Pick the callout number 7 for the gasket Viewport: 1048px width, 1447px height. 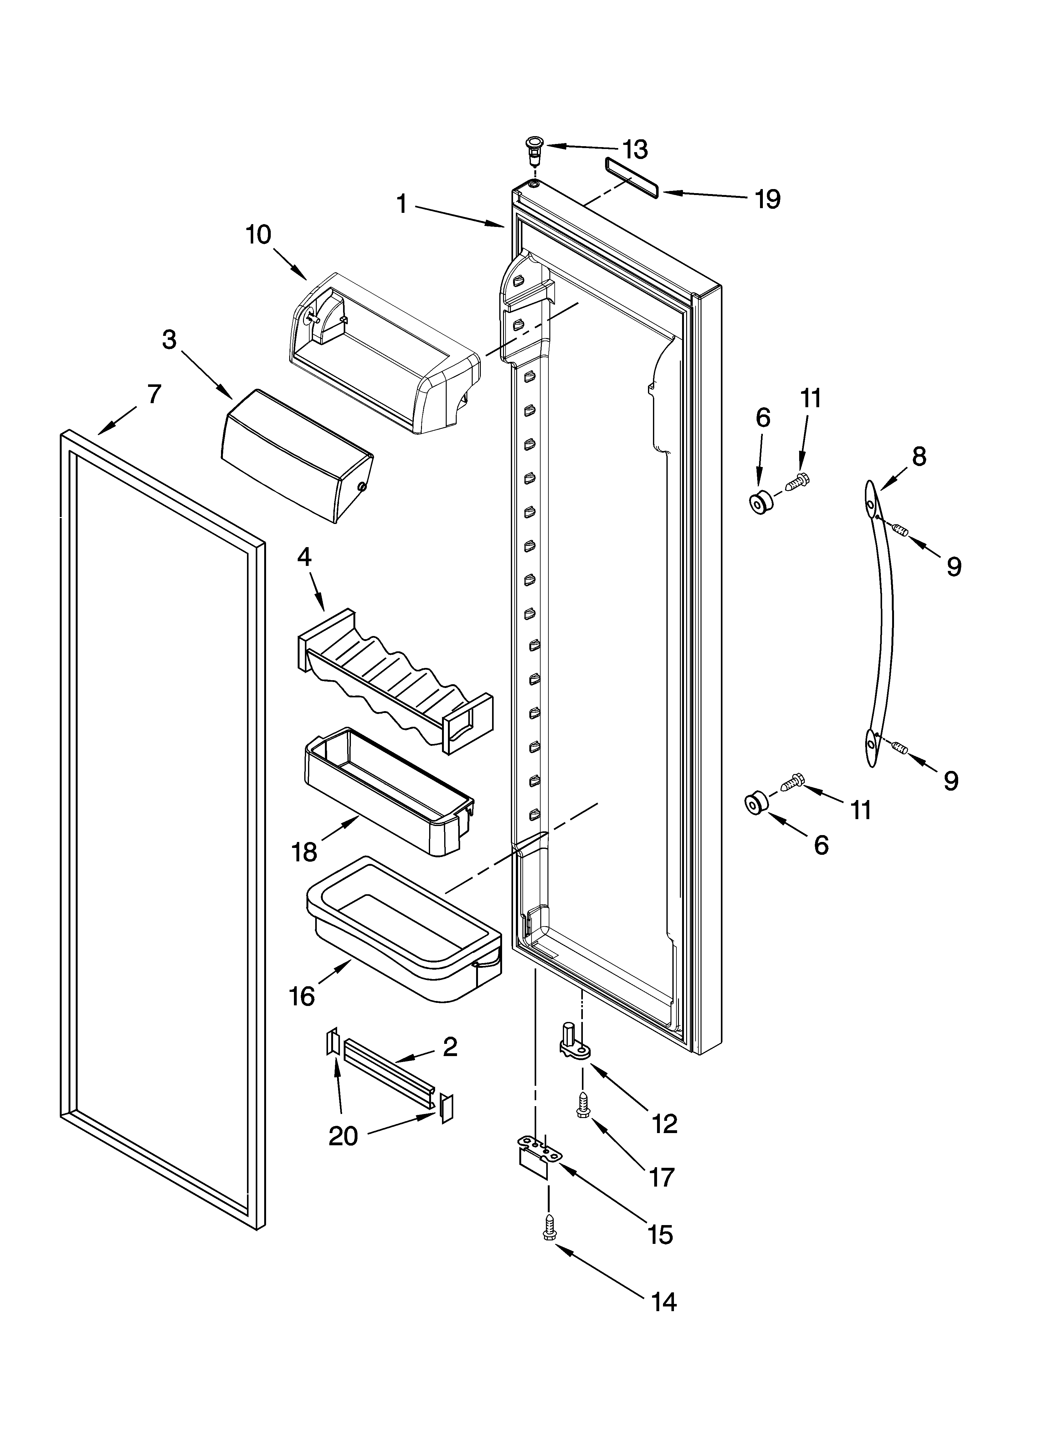click(154, 395)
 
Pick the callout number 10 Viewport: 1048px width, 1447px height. click(259, 235)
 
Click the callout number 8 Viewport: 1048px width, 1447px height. click(918, 457)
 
